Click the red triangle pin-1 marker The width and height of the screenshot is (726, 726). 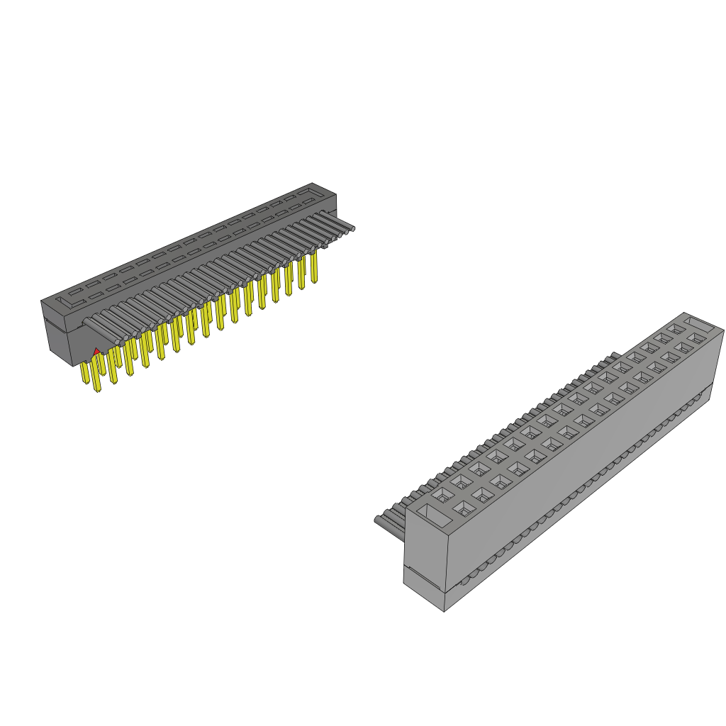tap(96, 351)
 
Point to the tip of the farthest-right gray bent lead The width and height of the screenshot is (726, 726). tap(350, 228)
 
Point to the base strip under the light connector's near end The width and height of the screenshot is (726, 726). tap(424, 590)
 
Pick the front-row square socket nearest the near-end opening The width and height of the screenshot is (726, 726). tap(463, 508)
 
